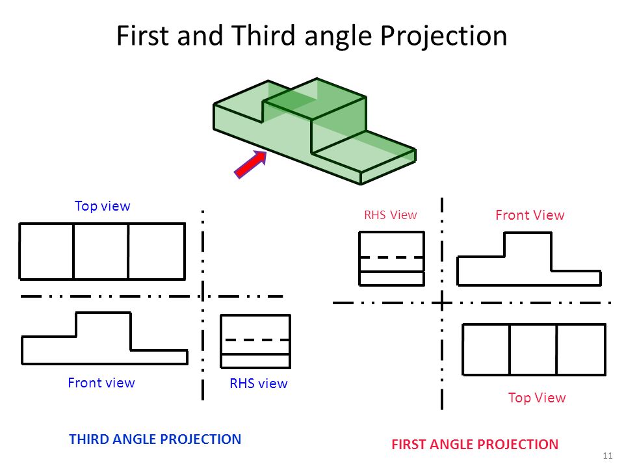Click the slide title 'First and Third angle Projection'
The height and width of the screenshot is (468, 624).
(x=311, y=36)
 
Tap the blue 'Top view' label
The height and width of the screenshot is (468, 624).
(x=103, y=206)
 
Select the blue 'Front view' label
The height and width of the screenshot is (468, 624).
(x=101, y=383)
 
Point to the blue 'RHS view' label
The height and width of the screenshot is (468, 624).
(x=258, y=383)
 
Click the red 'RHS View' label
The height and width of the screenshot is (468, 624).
(x=390, y=215)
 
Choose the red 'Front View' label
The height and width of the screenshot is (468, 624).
(x=530, y=215)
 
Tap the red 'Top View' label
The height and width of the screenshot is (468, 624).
(x=537, y=398)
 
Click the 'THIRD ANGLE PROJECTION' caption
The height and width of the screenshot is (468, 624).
(x=155, y=439)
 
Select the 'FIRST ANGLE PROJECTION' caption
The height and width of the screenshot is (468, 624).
(x=474, y=445)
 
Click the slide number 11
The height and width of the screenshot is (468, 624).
(x=608, y=455)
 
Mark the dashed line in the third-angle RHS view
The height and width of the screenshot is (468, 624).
(x=256, y=340)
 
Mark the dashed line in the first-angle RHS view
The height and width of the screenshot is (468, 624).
(x=391, y=257)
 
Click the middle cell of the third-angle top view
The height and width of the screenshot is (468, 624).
(x=101, y=252)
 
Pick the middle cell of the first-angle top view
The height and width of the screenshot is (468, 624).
(x=533, y=349)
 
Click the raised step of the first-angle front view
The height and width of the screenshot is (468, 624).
(x=527, y=250)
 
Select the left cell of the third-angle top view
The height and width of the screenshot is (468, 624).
(x=47, y=252)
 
